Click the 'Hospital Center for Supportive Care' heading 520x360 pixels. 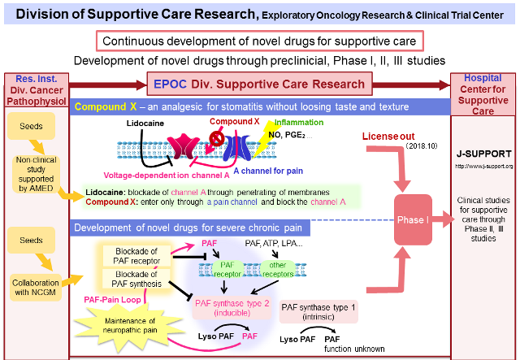pos(483,94)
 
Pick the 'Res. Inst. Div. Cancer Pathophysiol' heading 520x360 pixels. pos(36,91)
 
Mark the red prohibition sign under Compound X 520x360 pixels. pos(217,138)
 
